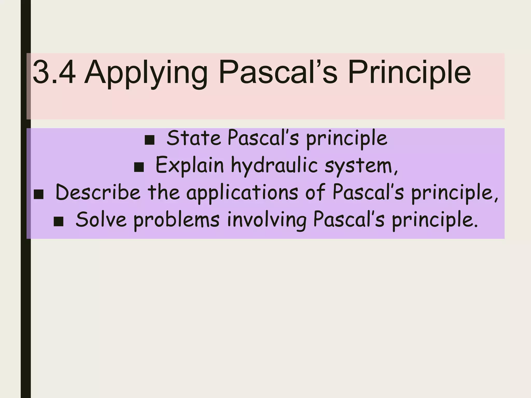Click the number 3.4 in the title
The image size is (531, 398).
tap(54, 72)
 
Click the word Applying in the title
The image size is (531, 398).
tap(146, 74)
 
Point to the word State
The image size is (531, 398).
tap(193, 138)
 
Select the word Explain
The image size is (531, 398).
tap(190, 166)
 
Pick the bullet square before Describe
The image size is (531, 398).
tap(39, 195)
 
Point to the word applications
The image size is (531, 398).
tap(242, 194)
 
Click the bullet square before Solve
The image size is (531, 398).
tap(59, 222)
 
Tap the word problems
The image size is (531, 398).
tap(177, 221)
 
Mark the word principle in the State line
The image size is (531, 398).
tap(347, 139)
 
